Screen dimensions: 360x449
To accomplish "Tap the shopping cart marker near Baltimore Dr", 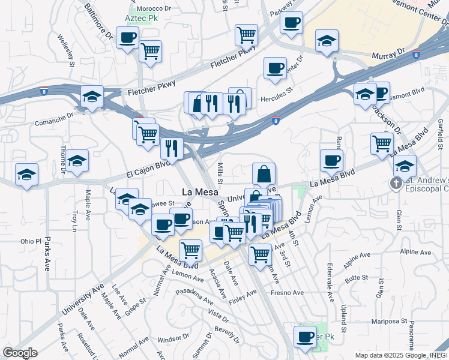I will tap(150, 51).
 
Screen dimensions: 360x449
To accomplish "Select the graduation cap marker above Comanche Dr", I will tap(92, 97).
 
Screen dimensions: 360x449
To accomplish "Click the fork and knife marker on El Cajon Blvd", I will tap(172, 149).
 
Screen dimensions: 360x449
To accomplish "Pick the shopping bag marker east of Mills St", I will tap(264, 175).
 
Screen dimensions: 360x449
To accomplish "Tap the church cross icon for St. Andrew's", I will tap(396, 183).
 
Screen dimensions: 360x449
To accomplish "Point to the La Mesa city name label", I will tap(196, 193).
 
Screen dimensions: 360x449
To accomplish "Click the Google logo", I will tap(19, 353).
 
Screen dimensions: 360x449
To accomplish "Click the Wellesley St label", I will tap(66, 50).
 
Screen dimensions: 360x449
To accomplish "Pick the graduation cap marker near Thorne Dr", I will tap(77, 160).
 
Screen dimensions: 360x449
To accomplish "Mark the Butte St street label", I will tap(356, 277).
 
